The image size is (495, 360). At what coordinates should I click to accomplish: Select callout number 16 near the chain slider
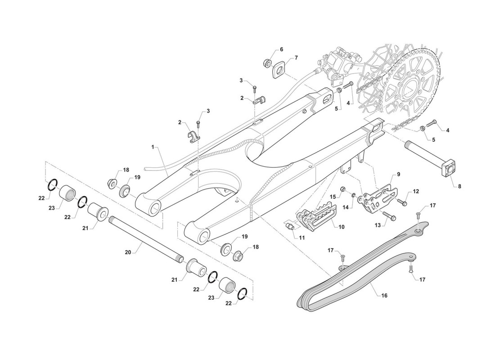[384, 296]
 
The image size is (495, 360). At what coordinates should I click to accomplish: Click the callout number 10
[341, 227]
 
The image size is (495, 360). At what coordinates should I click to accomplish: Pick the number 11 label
[302, 237]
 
